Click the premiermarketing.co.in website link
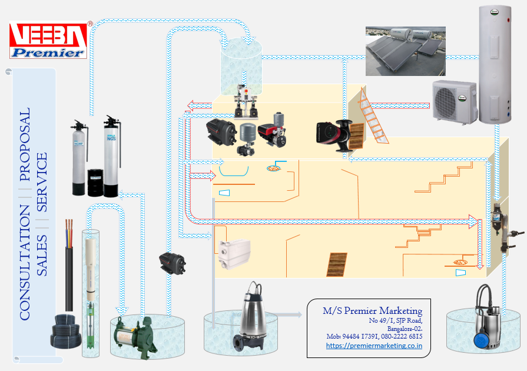pos(374,346)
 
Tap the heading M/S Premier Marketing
pos(372,311)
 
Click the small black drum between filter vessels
pos(95,183)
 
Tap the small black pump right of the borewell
pos(174,262)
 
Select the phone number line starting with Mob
pos(374,336)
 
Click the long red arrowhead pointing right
pos(472,222)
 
